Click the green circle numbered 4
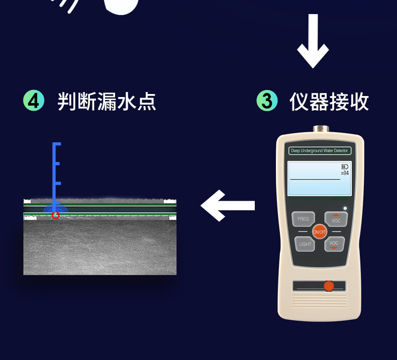click(34, 101)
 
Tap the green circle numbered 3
click(267, 101)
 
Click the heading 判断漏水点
click(107, 101)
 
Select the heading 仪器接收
click(329, 101)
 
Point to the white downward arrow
click(313, 41)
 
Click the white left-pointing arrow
click(228, 205)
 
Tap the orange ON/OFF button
click(320, 232)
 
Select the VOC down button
click(334, 244)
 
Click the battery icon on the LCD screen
click(345, 166)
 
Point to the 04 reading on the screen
click(345, 173)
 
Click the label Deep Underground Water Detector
click(319, 151)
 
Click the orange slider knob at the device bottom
click(329, 286)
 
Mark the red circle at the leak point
click(56, 215)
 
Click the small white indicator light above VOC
click(345, 208)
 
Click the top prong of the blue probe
click(57, 144)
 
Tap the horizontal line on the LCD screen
click(315, 179)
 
